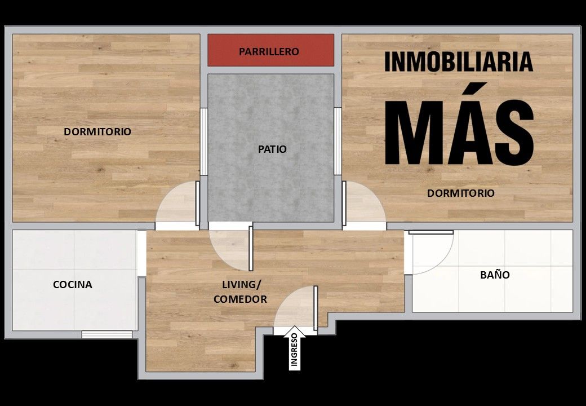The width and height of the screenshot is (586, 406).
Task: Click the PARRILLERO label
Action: pos(269,51)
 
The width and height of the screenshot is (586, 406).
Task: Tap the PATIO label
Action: pos(273,149)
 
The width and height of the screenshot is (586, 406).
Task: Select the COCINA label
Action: pos(73,285)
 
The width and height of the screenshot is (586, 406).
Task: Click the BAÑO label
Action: pos(495,275)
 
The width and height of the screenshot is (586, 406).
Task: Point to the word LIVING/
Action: pos(241,285)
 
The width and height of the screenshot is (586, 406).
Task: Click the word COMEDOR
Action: pos(240,299)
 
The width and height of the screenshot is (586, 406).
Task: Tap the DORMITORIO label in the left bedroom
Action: pos(97,131)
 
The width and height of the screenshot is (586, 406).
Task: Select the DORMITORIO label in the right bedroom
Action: pos(461,193)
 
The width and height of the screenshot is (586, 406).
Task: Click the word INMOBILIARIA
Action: pos(459,61)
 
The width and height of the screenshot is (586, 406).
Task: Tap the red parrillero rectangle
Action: pos(270,50)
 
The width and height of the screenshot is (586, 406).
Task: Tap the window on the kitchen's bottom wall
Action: pos(107,334)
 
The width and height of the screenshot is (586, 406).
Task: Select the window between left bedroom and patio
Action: pos(203,142)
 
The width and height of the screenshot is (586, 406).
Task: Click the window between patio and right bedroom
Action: pos(338,142)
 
